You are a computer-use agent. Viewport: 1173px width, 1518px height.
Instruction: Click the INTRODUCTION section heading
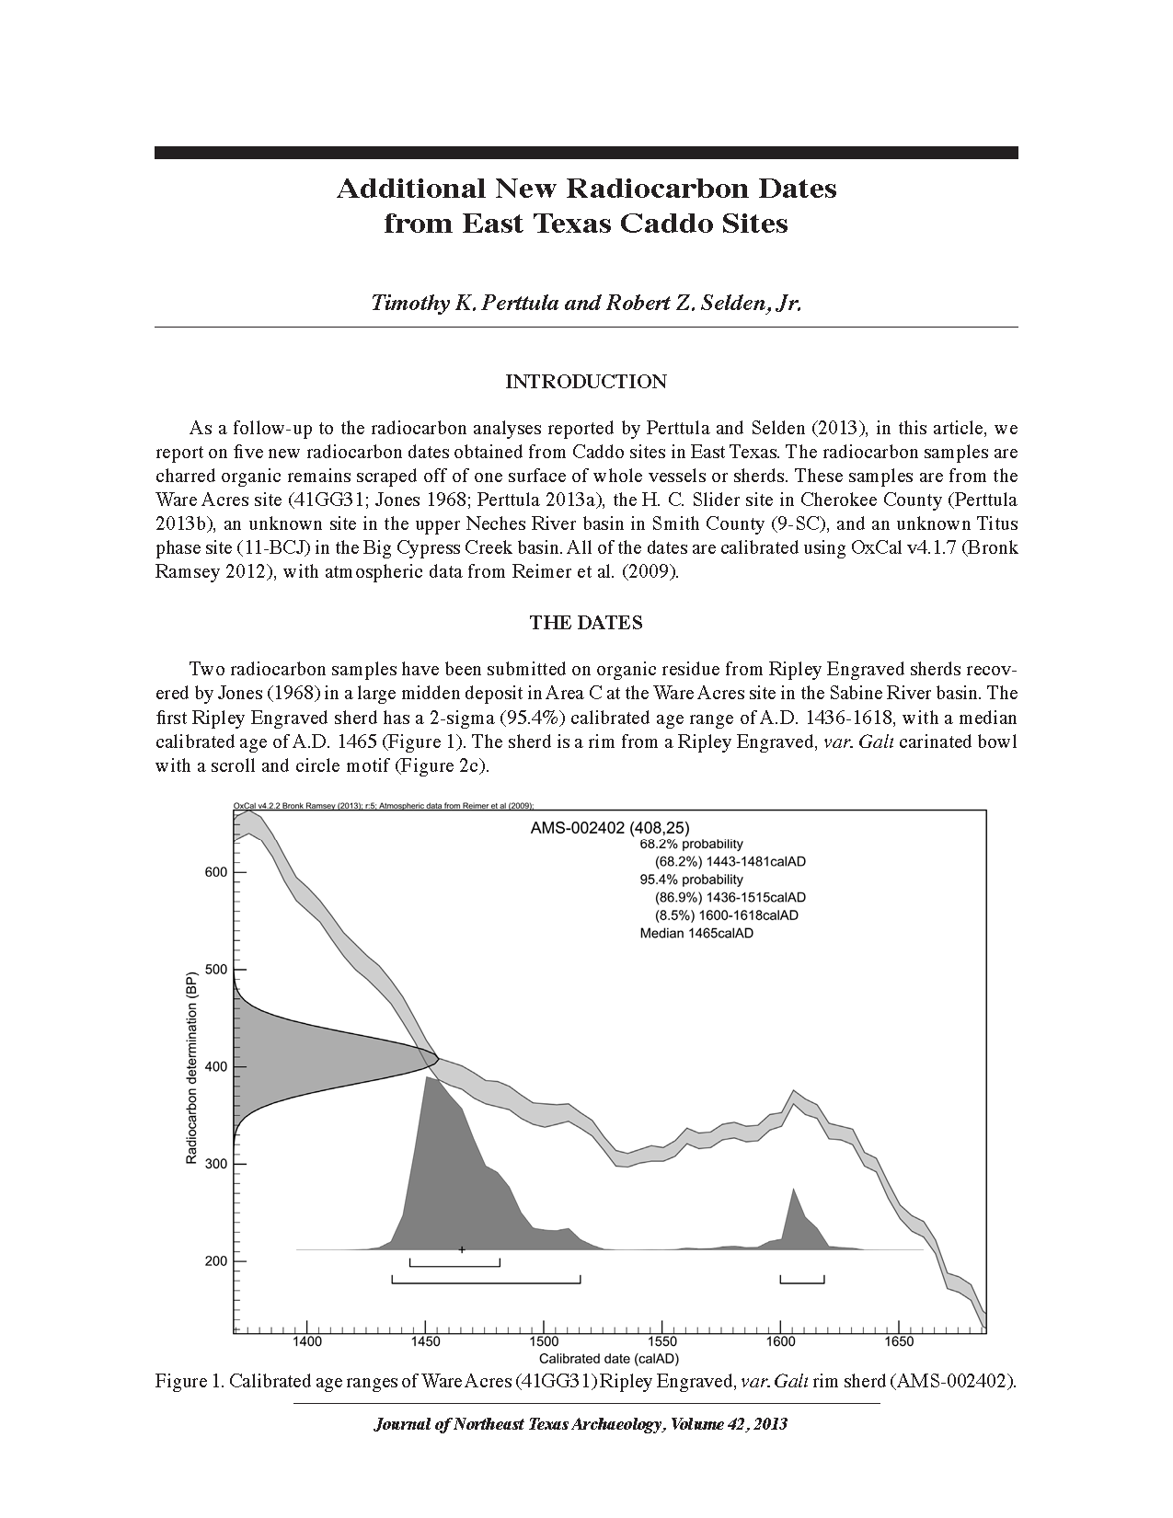pyautogui.click(x=586, y=382)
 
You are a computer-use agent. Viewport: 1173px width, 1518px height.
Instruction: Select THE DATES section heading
pyautogui.click(x=586, y=623)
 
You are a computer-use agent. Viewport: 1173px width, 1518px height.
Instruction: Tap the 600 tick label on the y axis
pyautogui.click(x=214, y=872)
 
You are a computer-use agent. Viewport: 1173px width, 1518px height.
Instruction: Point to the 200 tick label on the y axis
pyautogui.click(x=214, y=1261)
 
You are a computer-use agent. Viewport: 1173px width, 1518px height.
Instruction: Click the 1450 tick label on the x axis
pyautogui.click(x=425, y=1342)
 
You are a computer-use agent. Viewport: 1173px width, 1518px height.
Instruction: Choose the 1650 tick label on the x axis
pyautogui.click(x=899, y=1342)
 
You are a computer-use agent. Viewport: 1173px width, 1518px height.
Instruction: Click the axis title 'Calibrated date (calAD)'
pyautogui.click(x=609, y=1359)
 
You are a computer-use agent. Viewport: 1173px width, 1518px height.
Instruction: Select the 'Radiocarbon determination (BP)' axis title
pyautogui.click(x=192, y=1067)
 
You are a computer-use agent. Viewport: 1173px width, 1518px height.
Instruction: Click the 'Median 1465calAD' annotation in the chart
pyautogui.click(x=696, y=933)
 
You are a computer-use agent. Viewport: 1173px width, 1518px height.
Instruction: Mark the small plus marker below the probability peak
pyautogui.click(x=462, y=1249)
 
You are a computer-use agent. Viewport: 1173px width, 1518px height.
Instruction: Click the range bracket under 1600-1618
pyautogui.click(x=802, y=1280)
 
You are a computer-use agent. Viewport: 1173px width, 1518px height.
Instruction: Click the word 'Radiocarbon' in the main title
pyautogui.click(x=661, y=189)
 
